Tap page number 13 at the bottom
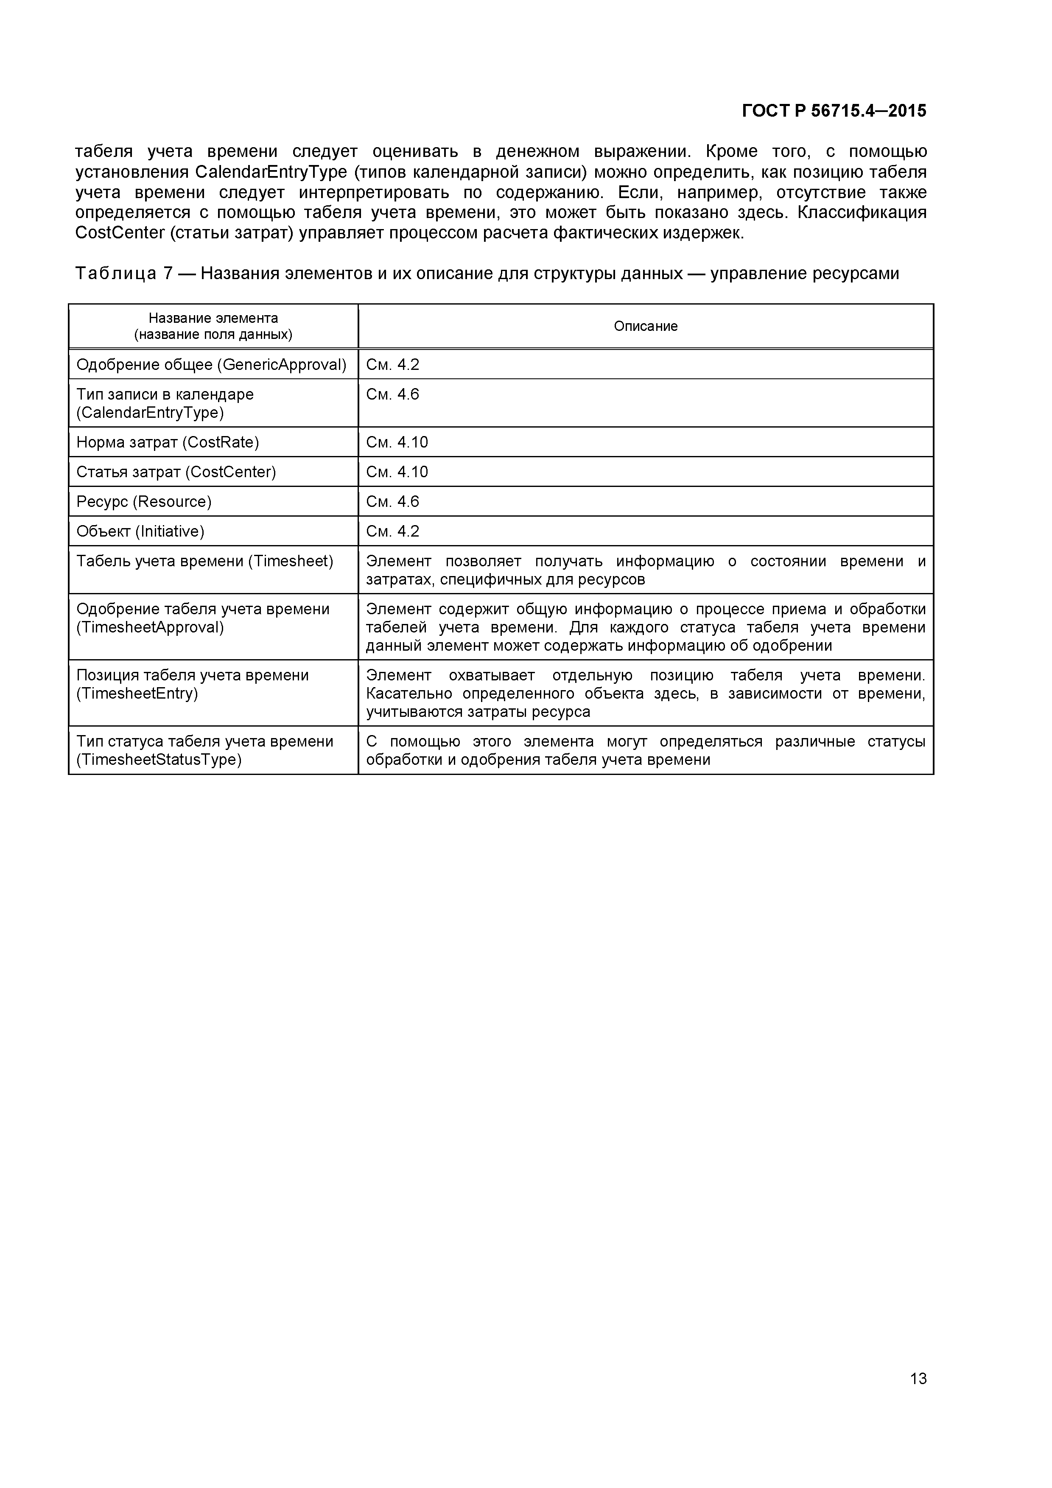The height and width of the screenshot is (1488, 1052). [918, 1396]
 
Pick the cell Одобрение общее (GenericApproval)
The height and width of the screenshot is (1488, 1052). [211, 365]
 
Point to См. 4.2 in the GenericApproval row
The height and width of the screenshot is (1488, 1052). [393, 365]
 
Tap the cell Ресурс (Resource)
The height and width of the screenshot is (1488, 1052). [144, 502]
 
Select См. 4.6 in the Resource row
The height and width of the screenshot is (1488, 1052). [393, 502]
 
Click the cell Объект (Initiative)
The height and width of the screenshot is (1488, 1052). [140, 532]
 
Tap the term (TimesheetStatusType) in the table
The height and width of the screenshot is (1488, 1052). [159, 760]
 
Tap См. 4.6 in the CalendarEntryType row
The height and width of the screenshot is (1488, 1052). [393, 394]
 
